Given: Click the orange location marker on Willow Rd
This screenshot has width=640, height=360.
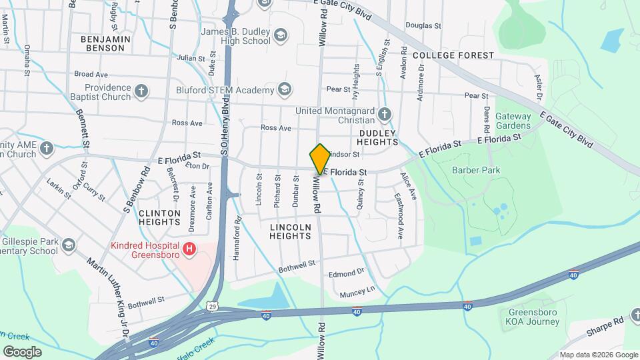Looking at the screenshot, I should (x=320, y=158).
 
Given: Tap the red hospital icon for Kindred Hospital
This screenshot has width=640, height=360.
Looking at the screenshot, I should (x=190, y=249).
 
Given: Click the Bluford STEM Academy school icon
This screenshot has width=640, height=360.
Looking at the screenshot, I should (x=285, y=89).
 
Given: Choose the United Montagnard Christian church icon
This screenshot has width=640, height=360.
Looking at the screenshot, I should (x=385, y=115).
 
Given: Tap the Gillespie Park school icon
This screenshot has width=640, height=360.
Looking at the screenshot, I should (x=67, y=245).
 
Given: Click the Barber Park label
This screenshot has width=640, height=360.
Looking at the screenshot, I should (x=476, y=170).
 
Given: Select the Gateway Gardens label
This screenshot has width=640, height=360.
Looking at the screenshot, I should (x=513, y=121).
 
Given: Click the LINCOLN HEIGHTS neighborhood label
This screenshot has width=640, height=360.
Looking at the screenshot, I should (x=291, y=231).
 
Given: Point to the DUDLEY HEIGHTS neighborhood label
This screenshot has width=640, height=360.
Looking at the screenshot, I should (x=378, y=137).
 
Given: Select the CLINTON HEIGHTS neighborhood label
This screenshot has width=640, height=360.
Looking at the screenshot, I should (x=159, y=218).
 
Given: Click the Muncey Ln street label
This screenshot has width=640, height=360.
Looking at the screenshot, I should (x=358, y=291).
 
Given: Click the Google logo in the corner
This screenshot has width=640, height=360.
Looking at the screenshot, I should (x=22, y=352).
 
